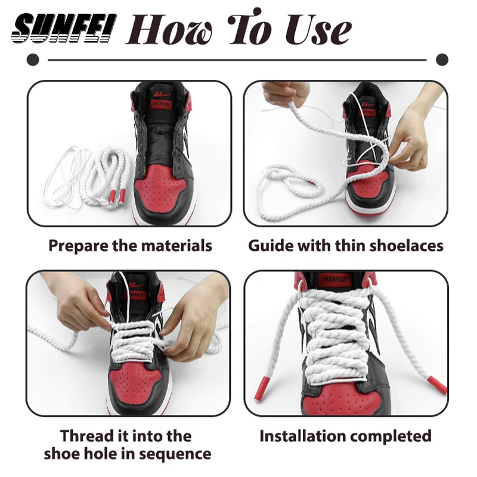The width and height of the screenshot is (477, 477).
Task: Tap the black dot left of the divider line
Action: click(34, 60)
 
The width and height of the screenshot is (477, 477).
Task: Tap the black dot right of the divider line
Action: click(442, 60)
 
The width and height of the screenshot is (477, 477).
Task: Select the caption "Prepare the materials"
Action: click(130, 245)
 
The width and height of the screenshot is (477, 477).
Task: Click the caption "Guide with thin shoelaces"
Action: click(346, 245)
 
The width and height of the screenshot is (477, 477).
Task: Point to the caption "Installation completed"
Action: click(345, 436)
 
